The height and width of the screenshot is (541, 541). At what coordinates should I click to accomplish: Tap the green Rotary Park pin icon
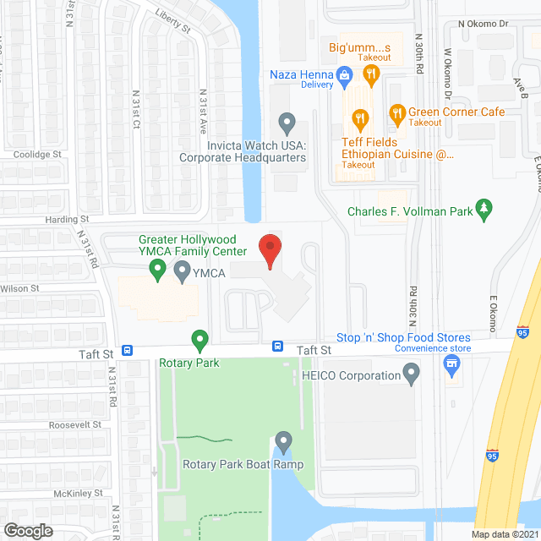coord(199,342)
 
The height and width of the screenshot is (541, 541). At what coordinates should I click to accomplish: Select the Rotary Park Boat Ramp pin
coord(282,441)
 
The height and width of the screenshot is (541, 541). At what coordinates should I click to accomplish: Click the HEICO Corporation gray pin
coord(412,373)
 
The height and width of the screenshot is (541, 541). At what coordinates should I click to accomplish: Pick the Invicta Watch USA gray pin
coord(287,124)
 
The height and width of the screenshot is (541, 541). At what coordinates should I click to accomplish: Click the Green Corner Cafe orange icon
coord(396,112)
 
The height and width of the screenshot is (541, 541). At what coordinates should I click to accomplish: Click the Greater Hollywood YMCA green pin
coord(156,270)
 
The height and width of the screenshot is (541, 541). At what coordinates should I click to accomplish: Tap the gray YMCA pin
coord(182,271)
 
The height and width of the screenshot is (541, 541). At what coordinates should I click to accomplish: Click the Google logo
coord(27,530)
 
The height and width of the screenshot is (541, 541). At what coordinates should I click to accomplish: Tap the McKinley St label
coord(75,493)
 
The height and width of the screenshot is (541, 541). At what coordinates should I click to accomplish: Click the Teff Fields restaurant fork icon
coord(360,118)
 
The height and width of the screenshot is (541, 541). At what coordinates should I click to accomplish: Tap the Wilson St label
coord(21,288)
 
